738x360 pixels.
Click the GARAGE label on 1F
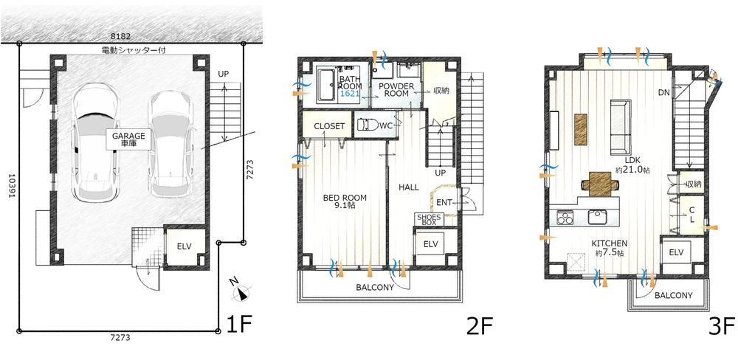click(x=128, y=139)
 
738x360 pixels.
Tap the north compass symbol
click(x=241, y=292)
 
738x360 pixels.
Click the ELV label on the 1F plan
click(x=184, y=246)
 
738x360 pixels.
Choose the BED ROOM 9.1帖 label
click(x=345, y=202)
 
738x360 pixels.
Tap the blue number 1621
click(x=350, y=94)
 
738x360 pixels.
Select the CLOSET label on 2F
click(x=329, y=126)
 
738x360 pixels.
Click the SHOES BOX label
click(x=429, y=219)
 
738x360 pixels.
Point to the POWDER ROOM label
click(x=396, y=90)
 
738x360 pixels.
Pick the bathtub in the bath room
click(x=326, y=85)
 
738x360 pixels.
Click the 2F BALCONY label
click(x=375, y=287)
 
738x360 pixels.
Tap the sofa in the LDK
click(x=621, y=127)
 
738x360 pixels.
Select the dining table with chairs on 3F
click(x=600, y=184)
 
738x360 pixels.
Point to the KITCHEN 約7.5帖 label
click(x=610, y=248)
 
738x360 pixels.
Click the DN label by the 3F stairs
click(x=664, y=93)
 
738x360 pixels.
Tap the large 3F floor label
click(x=722, y=325)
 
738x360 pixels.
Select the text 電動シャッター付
click(x=133, y=49)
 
